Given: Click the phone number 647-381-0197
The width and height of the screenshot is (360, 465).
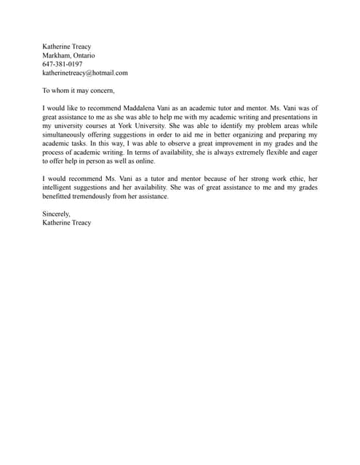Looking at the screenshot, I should point(62,64).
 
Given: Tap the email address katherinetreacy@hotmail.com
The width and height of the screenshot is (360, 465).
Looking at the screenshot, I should point(85,73).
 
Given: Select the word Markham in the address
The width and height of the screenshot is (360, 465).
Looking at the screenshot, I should point(56,55).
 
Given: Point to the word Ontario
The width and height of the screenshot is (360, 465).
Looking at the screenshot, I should point(83,55).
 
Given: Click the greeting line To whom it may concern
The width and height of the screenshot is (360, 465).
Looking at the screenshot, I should point(79,91).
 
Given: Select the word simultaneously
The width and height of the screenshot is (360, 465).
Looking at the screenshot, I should point(71,135).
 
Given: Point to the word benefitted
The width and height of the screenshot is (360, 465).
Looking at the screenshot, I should point(57,196).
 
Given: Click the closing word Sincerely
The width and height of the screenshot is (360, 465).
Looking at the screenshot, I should point(56,214).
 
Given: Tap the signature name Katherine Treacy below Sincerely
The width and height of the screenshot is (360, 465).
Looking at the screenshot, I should point(67,223).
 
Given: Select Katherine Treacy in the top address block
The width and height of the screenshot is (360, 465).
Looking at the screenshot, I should point(67,46).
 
